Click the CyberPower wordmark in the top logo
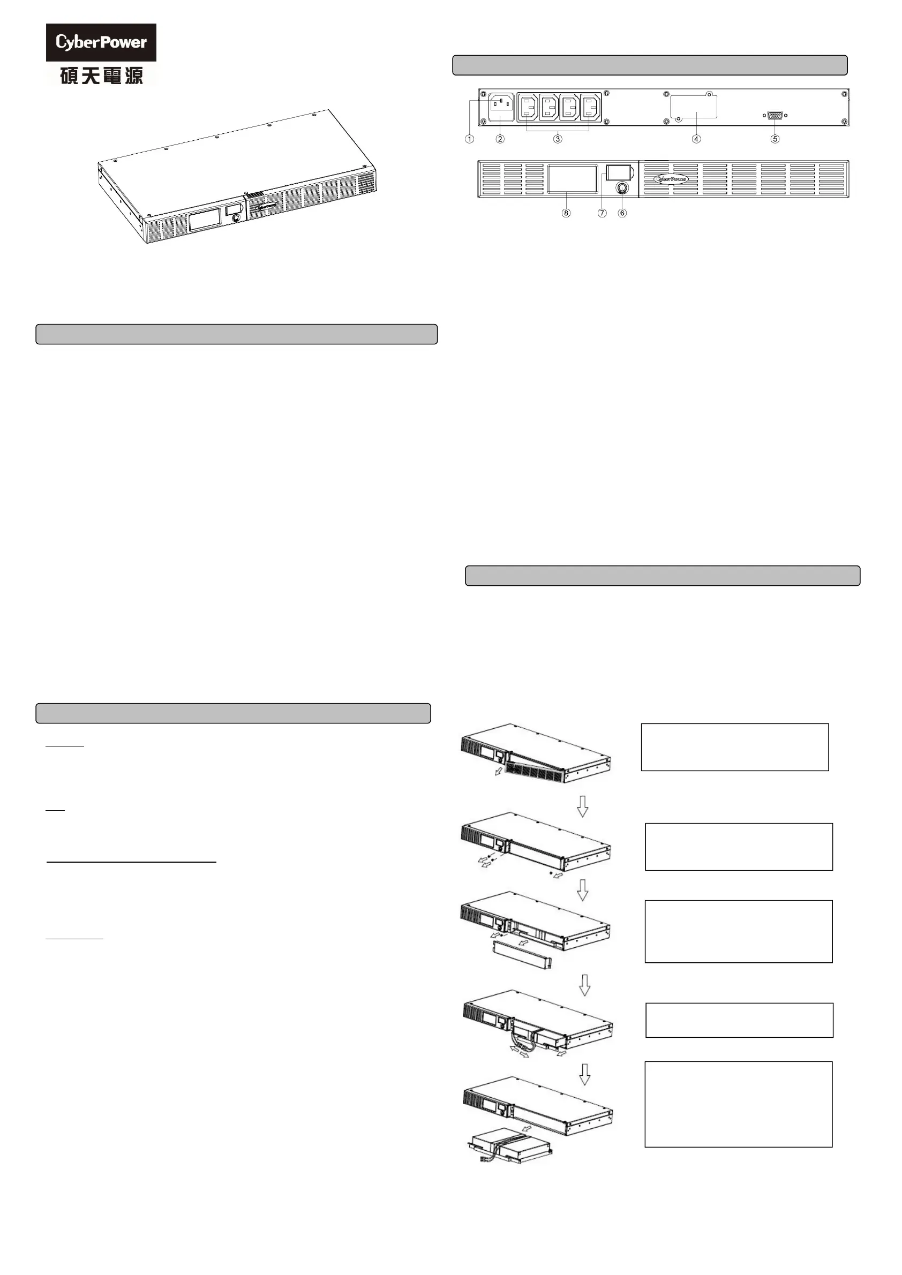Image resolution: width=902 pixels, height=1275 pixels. (101, 42)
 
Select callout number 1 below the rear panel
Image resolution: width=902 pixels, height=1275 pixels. (470, 139)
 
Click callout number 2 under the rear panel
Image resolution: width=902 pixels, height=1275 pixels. (500, 139)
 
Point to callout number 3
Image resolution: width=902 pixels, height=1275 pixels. (558, 139)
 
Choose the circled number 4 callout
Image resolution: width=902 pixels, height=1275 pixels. (696, 139)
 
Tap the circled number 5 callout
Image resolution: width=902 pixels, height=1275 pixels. (776, 139)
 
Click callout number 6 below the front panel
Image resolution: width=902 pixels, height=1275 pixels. (622, 213)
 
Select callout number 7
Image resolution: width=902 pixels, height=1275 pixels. (603, 213)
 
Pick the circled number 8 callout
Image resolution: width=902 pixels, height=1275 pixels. (566, 213)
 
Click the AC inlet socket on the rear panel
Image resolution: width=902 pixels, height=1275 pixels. (501, 107)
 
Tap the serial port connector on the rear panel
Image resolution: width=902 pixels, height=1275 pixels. (775, 116)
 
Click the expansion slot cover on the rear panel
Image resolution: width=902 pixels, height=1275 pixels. (694, 106)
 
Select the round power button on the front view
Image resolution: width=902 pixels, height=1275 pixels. (622, 189)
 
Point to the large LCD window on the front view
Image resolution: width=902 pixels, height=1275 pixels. (572, 178)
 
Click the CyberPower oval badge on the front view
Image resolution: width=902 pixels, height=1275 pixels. (672, 179)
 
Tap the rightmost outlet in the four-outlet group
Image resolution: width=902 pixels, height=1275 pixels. (590, 107)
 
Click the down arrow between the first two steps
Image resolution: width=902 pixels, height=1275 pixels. (582, 806)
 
